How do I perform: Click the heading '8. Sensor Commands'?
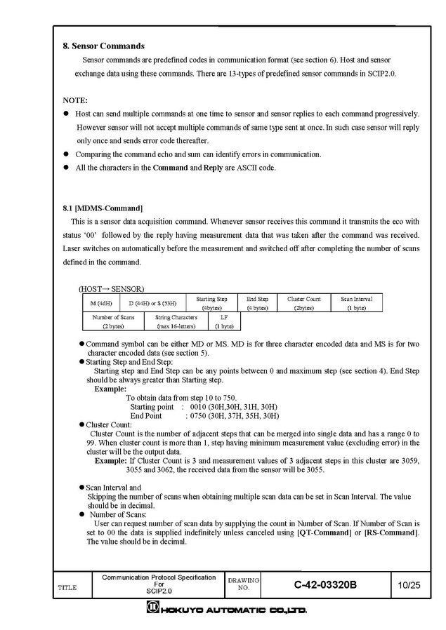(104, 46)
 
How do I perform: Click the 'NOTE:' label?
(75, 100)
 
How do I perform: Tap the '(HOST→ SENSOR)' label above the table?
(111, 288)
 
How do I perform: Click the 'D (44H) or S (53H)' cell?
(152, 303)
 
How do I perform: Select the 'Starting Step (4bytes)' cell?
(211, 303)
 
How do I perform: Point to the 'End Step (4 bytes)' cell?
(258, 303)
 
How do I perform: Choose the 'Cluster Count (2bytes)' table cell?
(303, 303)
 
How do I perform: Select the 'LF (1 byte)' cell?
(224, 321)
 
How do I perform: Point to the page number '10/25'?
(408, 584)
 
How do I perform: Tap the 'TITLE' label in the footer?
(67, 587)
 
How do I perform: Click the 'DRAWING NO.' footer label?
(243, 584)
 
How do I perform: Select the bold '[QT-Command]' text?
(323, 533)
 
